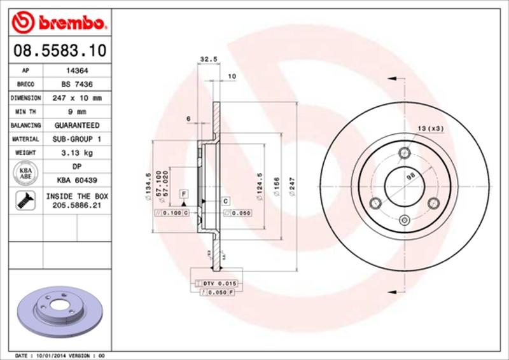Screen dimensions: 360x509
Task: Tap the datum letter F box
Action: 183,193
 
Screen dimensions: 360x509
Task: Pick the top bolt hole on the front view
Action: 403,153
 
